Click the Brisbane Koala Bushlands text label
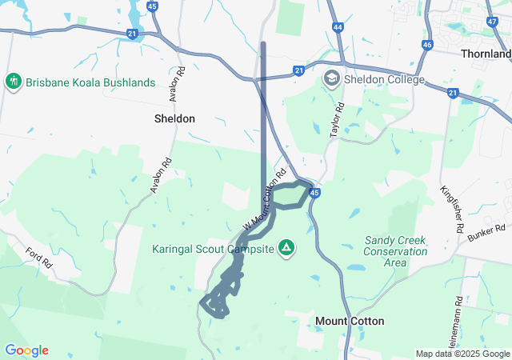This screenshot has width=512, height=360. click(x=90, y=82)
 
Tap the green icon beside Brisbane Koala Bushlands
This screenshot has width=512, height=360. click(x=13, y=82)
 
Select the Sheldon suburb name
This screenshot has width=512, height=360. click(x=174, y=118)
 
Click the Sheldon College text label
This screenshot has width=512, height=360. click(x=384, y=79)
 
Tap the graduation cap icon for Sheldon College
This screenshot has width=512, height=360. click(x=331, y=78)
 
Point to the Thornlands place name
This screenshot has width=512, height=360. click(x=486, y=54)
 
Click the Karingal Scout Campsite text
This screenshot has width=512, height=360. click(x=214, y=249)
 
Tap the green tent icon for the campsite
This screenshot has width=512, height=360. click(x=285, y=248)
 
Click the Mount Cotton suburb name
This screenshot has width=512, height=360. click(x=350, y=321)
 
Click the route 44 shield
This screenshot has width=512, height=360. click(x=338, y=27)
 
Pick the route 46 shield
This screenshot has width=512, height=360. click(x=427, y=45)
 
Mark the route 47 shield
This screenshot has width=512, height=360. click(x=491, y=22)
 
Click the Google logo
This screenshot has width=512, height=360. click(x=26, y=350)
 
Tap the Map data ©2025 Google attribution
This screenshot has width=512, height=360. click(x=462, y=354)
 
